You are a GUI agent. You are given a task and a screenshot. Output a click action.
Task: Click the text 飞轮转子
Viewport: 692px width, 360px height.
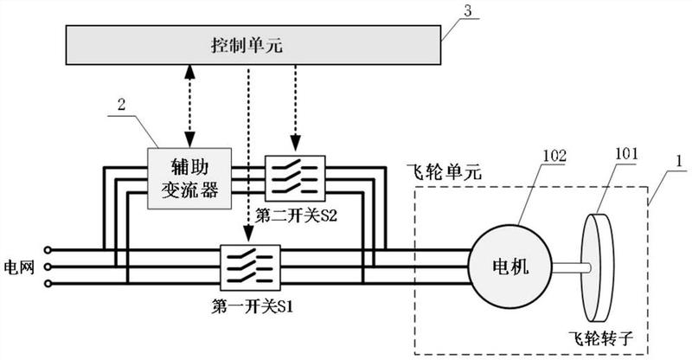coord(613,332)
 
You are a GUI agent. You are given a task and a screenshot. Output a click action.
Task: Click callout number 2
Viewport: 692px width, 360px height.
coord(122,106)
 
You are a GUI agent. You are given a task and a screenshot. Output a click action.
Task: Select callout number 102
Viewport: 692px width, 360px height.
coord(554,157)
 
